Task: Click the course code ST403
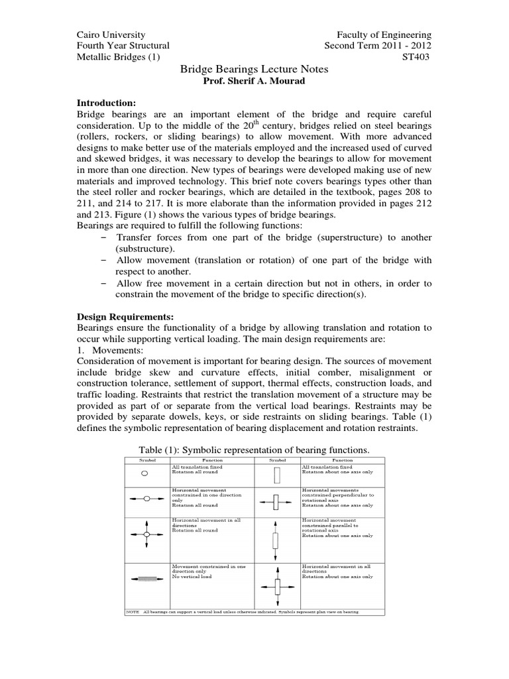[x=417, y=58]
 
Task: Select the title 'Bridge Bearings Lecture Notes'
[x=254, y=70]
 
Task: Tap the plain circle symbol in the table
[x=146, y=474]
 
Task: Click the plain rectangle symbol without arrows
[x=276, y=475]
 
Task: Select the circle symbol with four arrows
[x=146, y=534]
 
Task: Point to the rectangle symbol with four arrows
[x=276, y=586]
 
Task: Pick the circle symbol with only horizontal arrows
[x=146, y=497]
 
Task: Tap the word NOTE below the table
[x=132, y=611]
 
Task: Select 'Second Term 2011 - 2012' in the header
[x=377, y=46]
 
